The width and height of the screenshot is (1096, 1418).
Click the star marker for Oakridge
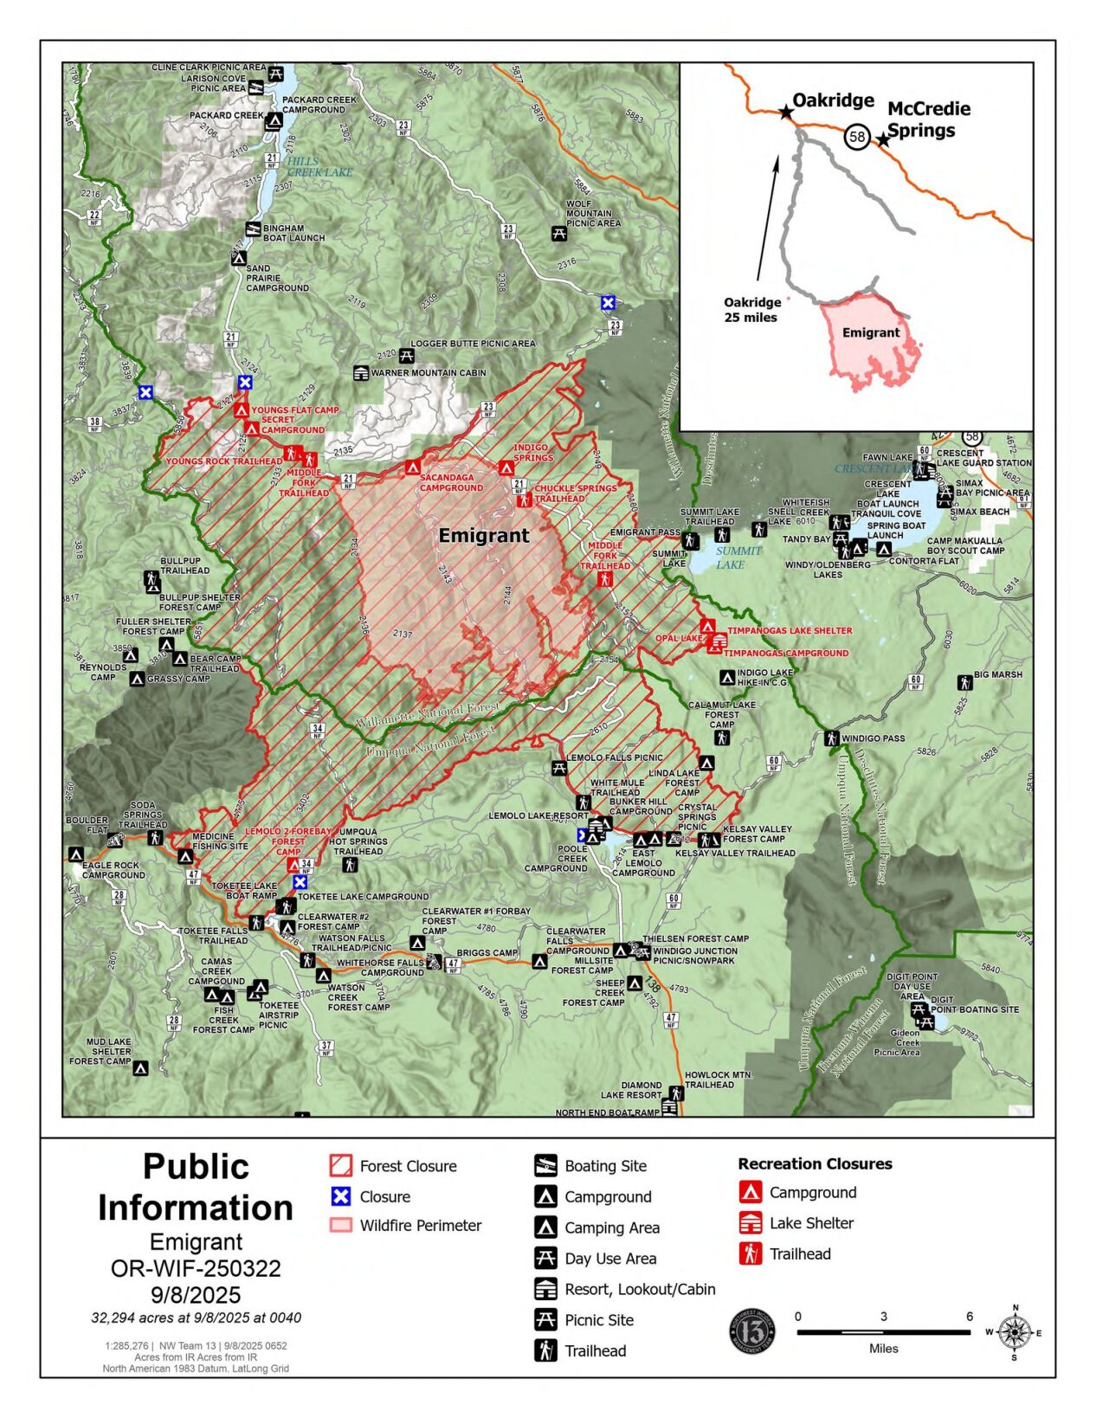[785, 112]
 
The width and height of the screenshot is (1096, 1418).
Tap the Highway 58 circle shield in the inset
[856, 137]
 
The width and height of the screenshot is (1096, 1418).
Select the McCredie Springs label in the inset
[928, 119]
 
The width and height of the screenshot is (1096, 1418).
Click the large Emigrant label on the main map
[483, 536]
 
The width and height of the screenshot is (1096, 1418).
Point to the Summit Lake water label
[738, 558]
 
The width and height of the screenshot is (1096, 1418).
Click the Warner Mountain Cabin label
[429, 373]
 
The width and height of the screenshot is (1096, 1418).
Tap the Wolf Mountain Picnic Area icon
[559, 233]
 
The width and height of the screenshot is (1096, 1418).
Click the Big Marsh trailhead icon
[964, 683]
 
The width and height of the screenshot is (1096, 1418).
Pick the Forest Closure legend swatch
[341, 1165]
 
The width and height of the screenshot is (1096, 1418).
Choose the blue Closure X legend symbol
[341, 1196]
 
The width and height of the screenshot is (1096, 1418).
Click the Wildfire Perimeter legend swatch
[341, 1225]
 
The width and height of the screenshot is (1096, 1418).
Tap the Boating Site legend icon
[545, 1165]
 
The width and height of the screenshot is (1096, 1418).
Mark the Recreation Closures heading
[815, 1163]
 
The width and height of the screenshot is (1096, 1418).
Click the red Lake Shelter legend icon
[750, 1222]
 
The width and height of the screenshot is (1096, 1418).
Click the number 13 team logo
[751, 1331]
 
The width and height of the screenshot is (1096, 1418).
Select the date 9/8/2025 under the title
[196, 1295]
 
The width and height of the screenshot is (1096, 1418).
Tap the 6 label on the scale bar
[970, 1316]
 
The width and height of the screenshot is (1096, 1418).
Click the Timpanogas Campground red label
[786, 654]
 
